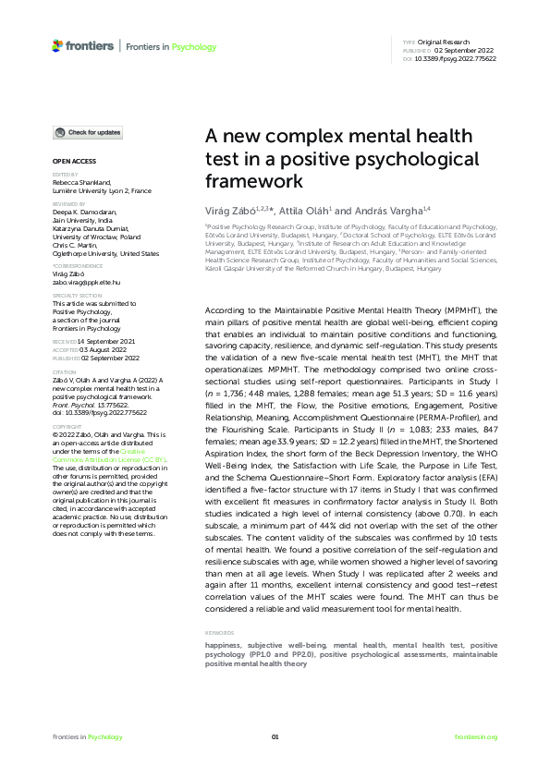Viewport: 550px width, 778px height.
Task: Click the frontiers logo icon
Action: [x=57, y=45]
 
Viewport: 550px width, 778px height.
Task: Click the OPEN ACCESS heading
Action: [x=67, y=160]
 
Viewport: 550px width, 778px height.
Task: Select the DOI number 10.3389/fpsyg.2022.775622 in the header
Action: [x=457, y=58]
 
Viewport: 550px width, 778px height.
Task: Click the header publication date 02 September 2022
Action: [x=449, y=51]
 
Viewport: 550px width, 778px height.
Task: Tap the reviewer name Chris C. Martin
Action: [x=76, y=247]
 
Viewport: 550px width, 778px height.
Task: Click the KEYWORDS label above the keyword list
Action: [x=220, y=632]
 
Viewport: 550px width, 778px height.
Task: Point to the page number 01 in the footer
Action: [x=275, y=736]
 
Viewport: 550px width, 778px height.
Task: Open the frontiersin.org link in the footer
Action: [x=476, y=736]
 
